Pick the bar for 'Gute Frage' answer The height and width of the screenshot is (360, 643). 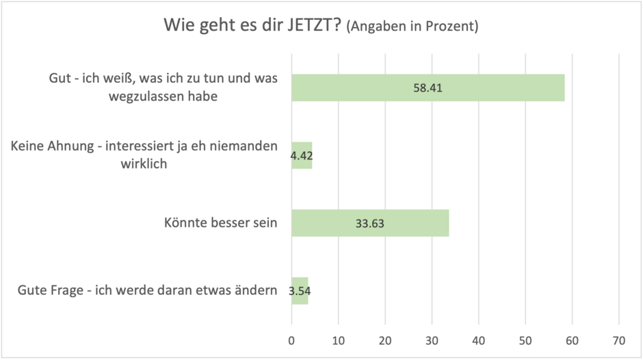pyautogui.click(x=300, y=290)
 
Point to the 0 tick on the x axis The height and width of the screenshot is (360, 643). pyautogui.click(x=292, y=340)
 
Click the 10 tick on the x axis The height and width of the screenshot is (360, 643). pyautogui.click(x=339, y=340)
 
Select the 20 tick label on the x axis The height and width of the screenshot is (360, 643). pyautogui.click(x=385, y=340)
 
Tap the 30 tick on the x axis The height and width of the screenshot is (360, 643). pyautogui.click(x=432, y=340)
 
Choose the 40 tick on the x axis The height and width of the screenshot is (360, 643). pyautogui.click(x=479, y=340)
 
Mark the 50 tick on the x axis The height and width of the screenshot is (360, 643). pyautogui.click(x=525, y=340)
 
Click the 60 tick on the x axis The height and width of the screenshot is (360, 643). pyautogui.click(x=572, y=340)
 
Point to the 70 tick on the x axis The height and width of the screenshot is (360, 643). pyautogui.click(x=618, y=340)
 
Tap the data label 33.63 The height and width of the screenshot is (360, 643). pyautogui.click(x=370, y=223)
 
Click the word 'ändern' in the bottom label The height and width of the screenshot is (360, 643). pyautogui.click(x=257, y=290)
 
